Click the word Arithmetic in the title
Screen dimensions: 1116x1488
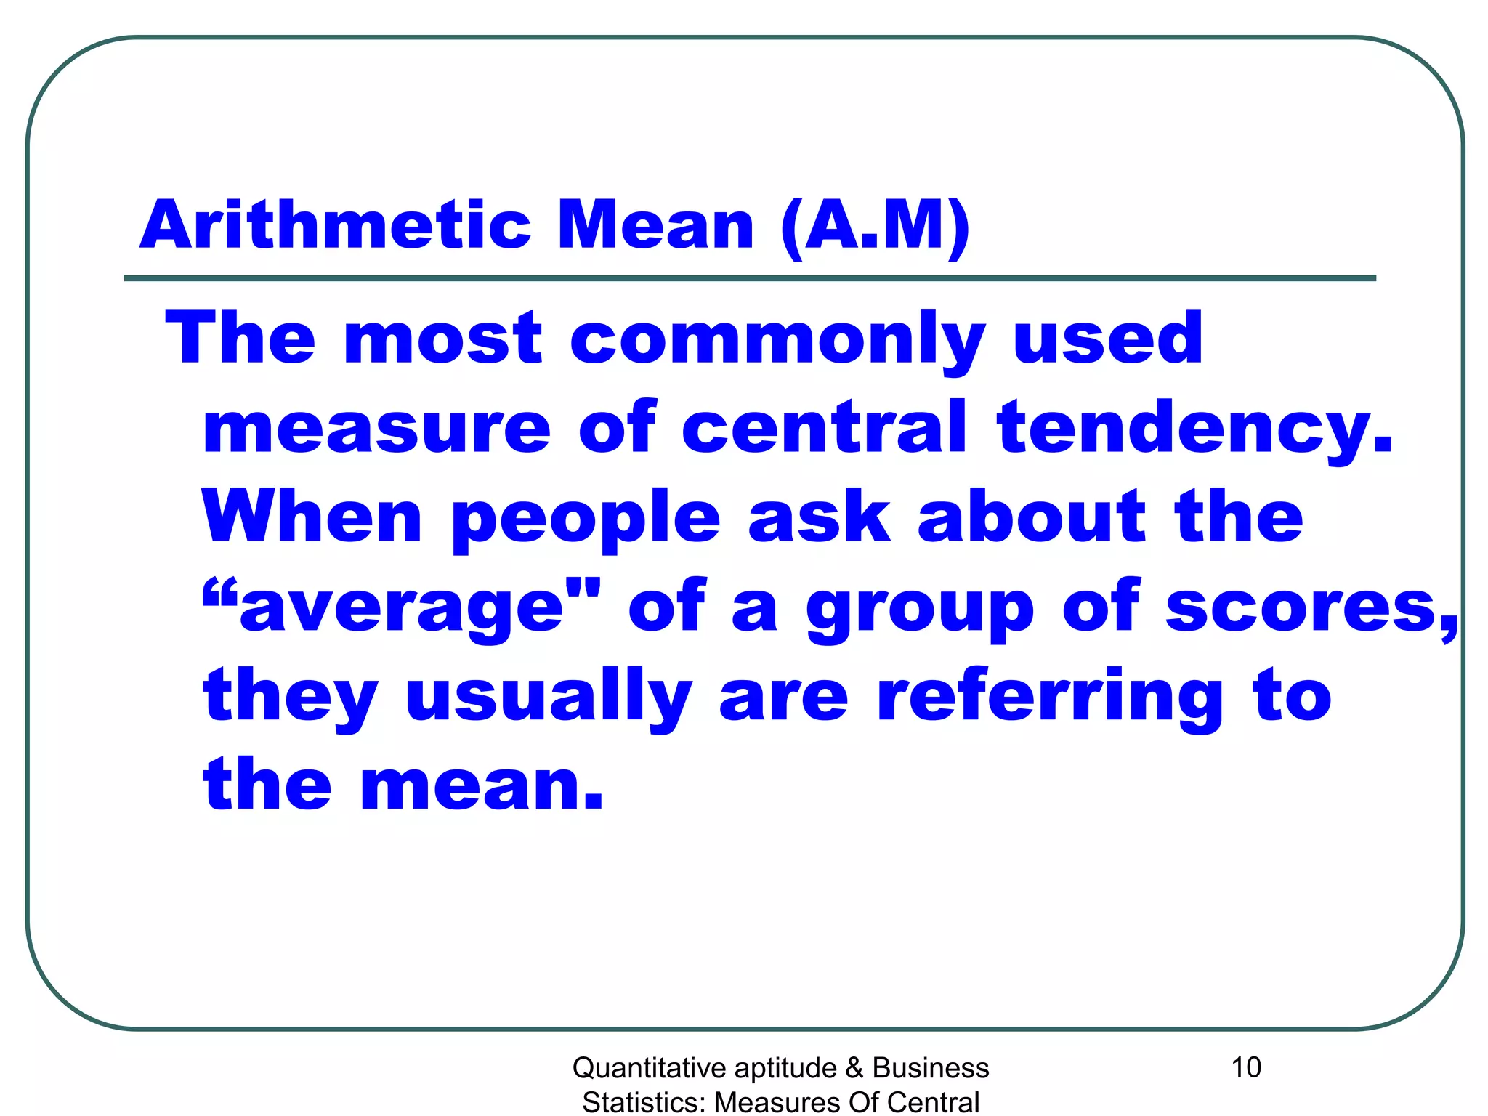[x=335, y=225]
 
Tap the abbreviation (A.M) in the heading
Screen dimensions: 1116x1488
[x=875, y=227]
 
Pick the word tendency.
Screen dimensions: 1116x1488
[x=1195, y=430]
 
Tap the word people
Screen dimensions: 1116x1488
[x=586, y=520]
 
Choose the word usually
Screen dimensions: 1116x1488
[x=549, y=698]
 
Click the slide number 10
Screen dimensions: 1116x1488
[x=1245, y=1067]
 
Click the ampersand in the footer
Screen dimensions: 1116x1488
[x=854, y=1068]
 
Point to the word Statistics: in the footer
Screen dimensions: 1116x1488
[x=644, y=1102]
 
